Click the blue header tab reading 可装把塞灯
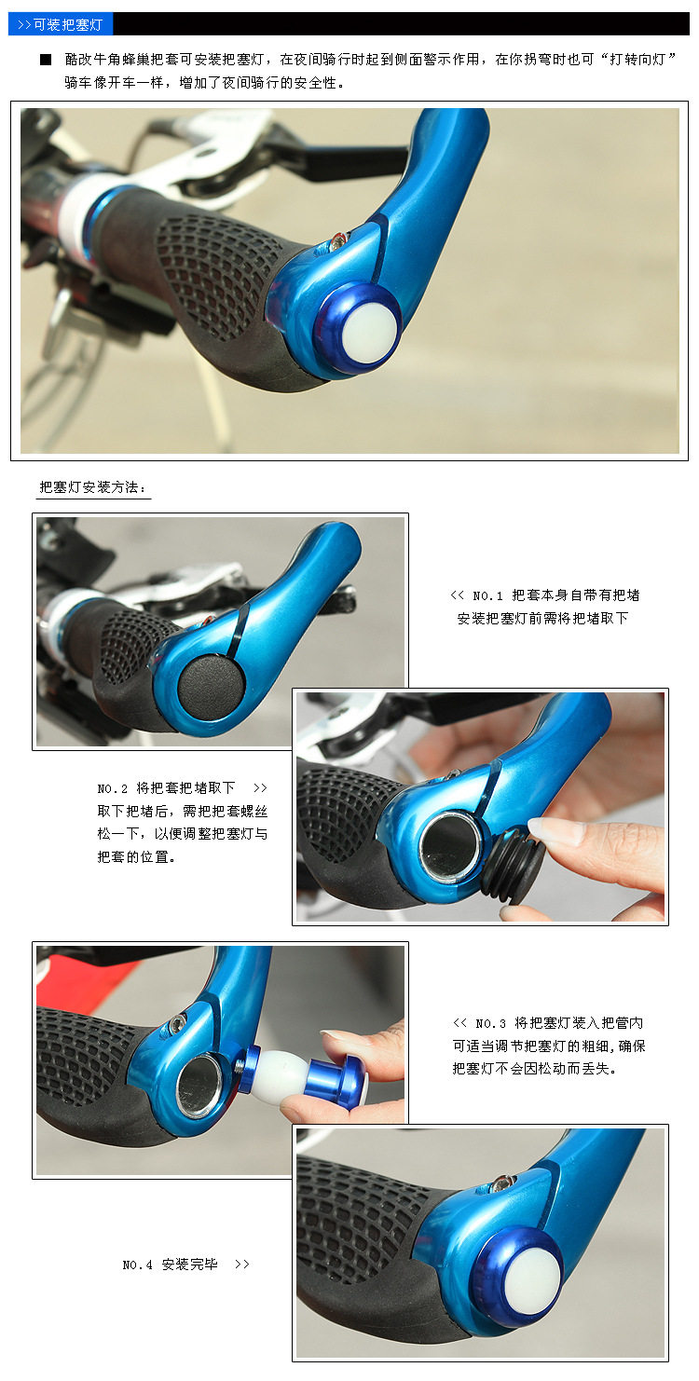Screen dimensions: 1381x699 [x=61, y=24]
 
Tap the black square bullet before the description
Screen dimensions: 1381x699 [x=46, y=60]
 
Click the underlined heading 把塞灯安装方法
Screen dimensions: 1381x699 [x=93, y=486]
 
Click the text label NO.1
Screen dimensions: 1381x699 [x=487, y=595]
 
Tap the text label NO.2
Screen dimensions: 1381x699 [x=113, y=787]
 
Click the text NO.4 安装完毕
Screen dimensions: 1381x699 [x=170, y=1265]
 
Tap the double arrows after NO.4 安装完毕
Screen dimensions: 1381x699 [x=242, y=1265]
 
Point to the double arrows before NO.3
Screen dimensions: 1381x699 [x=459, y=1022]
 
